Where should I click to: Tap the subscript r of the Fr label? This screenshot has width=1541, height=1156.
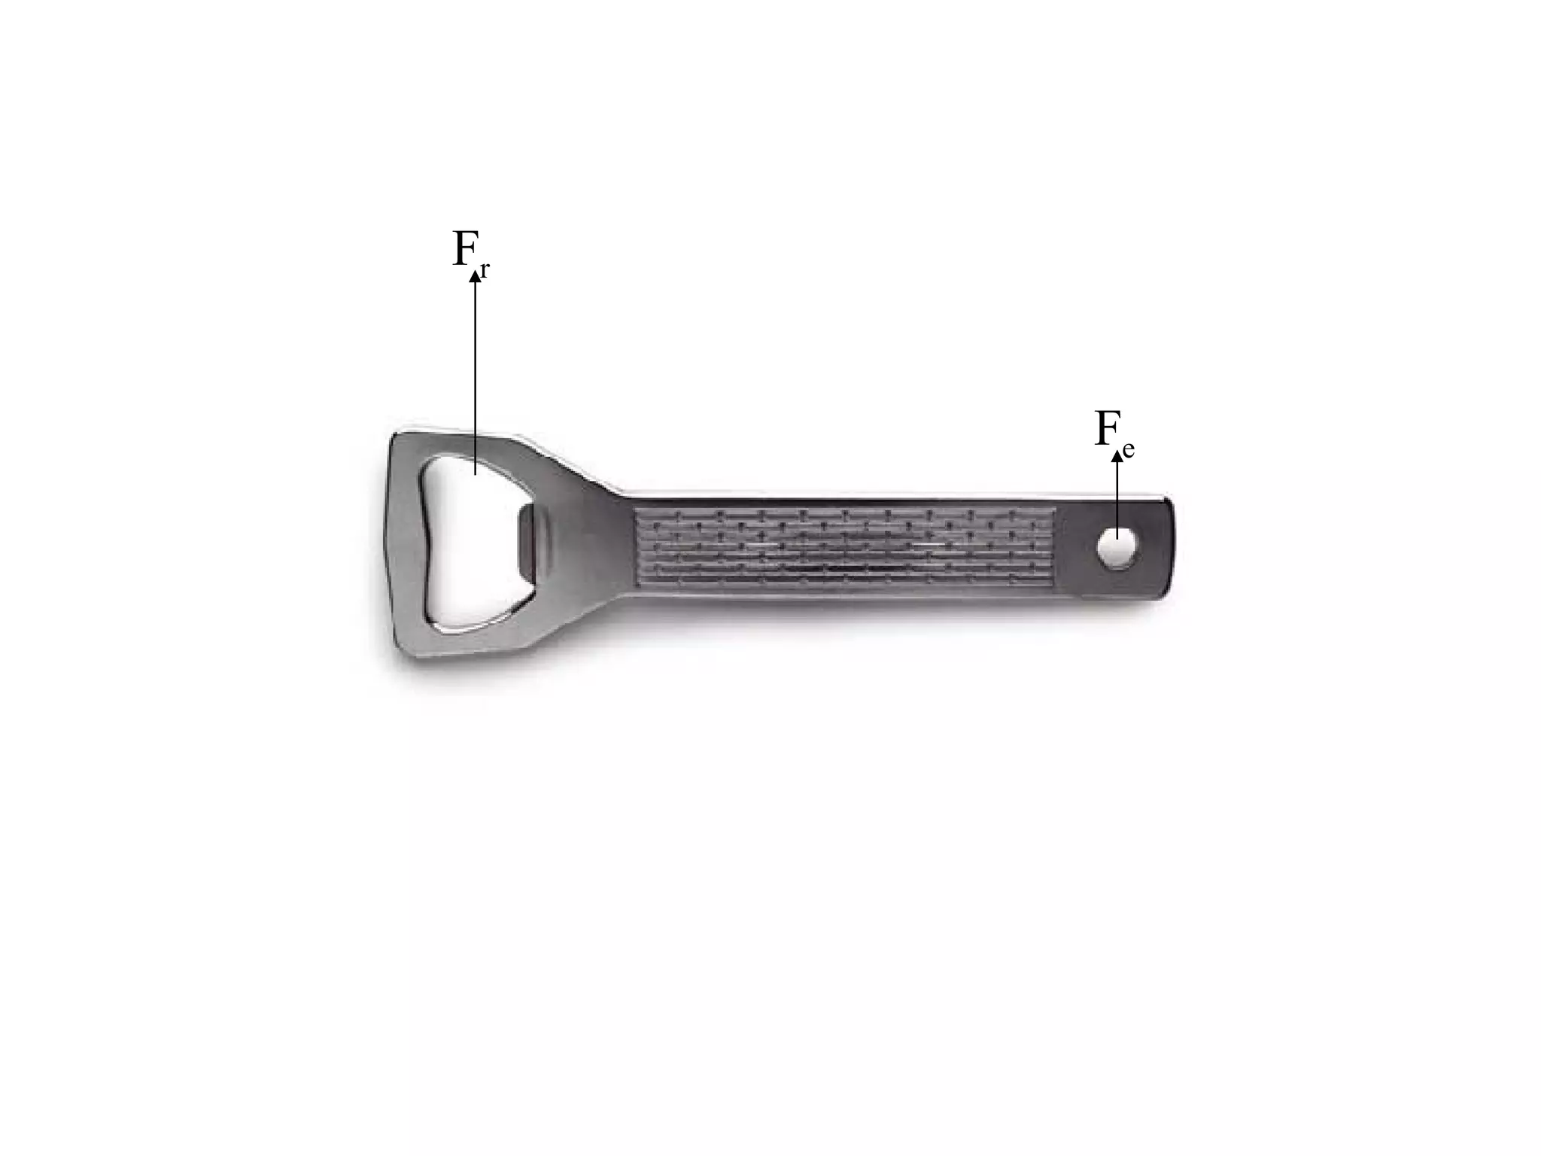coord(485,271)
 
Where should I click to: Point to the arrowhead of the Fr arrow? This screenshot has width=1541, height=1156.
coord(475,277)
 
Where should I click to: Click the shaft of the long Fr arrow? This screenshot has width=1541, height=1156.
coord(475,373)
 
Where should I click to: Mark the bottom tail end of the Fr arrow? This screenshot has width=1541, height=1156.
coord(475,474)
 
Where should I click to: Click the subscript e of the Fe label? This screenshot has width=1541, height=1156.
coord(1128,450)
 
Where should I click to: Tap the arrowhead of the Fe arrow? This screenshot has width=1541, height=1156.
coord(1117,455)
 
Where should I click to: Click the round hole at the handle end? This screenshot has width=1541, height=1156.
coord(1117,547)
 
